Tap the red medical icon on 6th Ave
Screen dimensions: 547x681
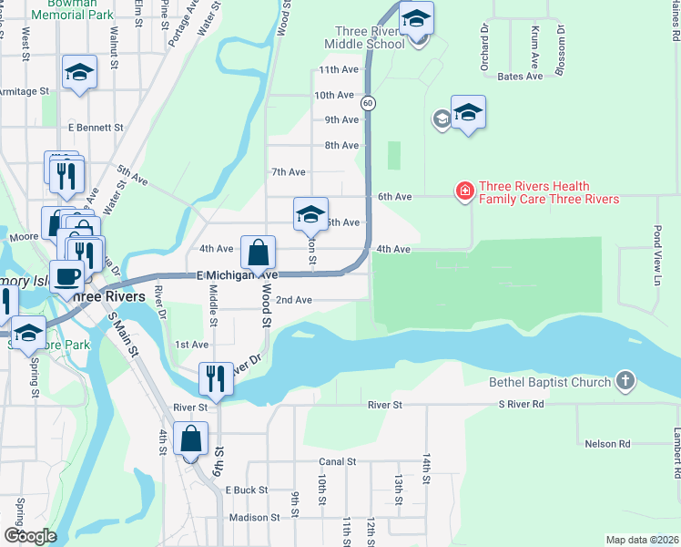click(x=464, y=191)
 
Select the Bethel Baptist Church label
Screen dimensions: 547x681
click(x=550, y=382)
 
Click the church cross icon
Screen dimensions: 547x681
click(x=625, y=381)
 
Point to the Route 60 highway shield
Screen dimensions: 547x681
click(x=367, y=103)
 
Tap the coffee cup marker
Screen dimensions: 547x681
click(x=68, y=276)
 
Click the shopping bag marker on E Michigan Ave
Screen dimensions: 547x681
click(x=258, y=253)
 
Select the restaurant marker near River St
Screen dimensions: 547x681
click(x=216, y=378)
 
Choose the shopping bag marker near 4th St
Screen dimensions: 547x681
click(x=191, y=439)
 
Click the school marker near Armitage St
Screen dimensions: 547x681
click(x=79, y=73)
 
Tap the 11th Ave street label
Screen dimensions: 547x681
click(x=339, y=70)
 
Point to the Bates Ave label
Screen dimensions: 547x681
click(x=521, y=77)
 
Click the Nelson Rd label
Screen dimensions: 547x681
click(x=607, y=444)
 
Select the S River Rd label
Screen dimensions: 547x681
click(x=521, y=404)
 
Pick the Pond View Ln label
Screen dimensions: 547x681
click(x=656, y=256)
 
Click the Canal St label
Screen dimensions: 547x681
click(x=337, y=462)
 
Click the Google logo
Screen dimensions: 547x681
click(x=30, y=536)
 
